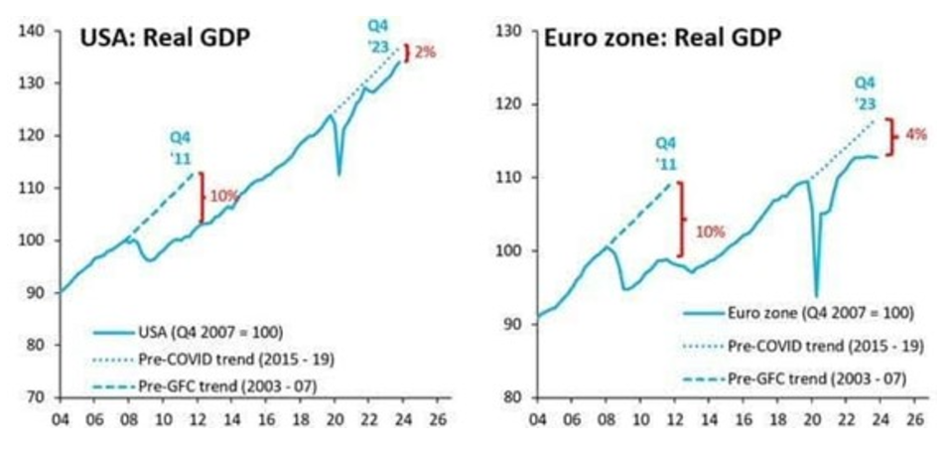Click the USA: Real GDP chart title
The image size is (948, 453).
pyautogui.click(x=164, y=40)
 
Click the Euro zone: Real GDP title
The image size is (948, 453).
pyautogui.click(x=662, y=39)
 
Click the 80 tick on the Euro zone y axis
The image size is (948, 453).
pyautogui.click(x=512, y=397)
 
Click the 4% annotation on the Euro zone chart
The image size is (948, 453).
pyautogui.click(x=914, y=134)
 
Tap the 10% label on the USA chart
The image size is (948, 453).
pyautogui.click(x=223, y=197)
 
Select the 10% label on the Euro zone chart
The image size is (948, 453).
pyautogui.click(x=710, y=231)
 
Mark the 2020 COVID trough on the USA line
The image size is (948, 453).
pyautogui.click(x=339, y=174)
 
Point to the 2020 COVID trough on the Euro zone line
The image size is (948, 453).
pyautogui.click(x=817, y=295)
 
